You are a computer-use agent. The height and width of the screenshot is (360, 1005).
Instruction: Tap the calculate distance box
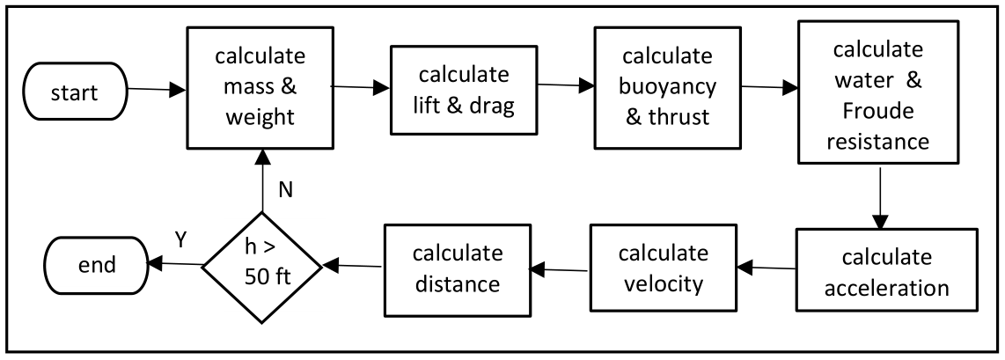click(457, 269)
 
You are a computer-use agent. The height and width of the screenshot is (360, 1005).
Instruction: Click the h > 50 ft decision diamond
click(261, 263)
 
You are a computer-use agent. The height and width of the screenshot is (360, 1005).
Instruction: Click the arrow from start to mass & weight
click(157, 88)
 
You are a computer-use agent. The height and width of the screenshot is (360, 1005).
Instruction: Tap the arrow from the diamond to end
click(174, 262)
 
